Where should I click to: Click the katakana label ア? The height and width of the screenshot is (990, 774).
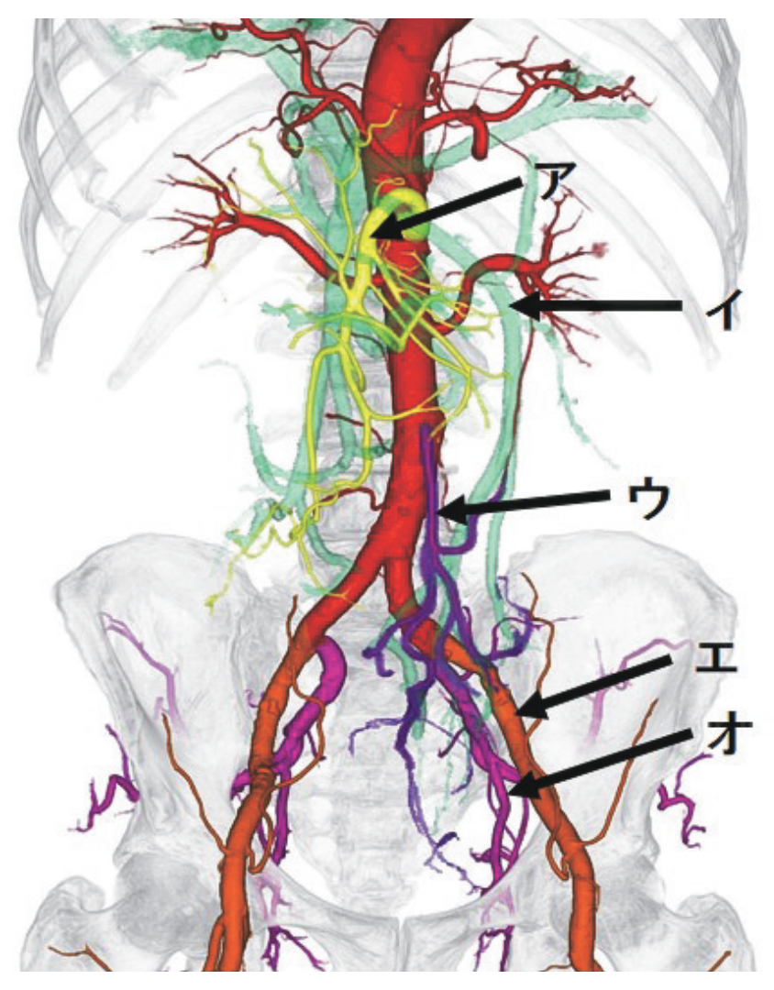coord(548,181)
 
